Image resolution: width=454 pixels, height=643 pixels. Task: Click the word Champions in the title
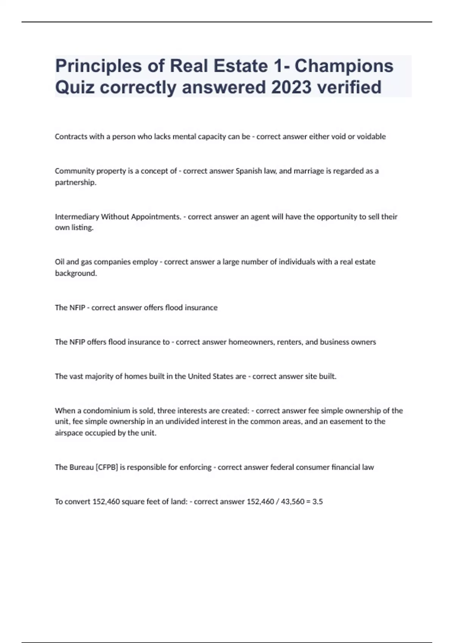pyautogui.click(x=344, y=66)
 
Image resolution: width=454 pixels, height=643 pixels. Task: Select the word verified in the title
pyautogui.click(x=349, y=87)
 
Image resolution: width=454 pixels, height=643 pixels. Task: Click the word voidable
pyautogui.click(x=372, y=137)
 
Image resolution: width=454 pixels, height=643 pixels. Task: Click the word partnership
pyautogui.click(x=75, y=182)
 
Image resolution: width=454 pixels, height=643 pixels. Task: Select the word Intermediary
pyautogui.click(x=77, y=217)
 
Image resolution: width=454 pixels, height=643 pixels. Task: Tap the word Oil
pyautogui.click(x=60, y=262)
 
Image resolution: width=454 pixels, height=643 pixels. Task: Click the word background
pyautogui.click(x=76, y=273)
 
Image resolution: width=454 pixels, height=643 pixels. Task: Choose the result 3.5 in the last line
pyautogui.click(x=317, y=502)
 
